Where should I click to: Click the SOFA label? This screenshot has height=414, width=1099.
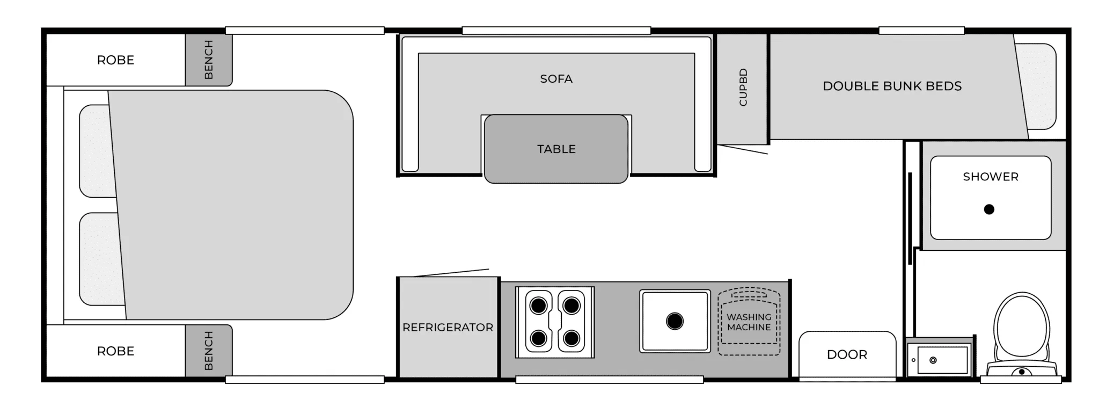[556, 79]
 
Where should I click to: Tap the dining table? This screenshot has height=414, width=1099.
[556, 149]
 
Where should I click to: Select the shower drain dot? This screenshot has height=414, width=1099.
[989, 209]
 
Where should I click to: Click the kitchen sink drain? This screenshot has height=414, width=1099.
[675, 321]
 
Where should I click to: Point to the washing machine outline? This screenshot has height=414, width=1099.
[749, 322]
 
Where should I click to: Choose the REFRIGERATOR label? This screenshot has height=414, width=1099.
[448, 327]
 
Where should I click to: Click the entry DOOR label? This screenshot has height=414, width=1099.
[847, 354]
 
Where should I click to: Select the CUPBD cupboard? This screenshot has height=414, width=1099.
[742, 89]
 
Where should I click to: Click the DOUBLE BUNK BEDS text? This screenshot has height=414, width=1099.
[892, 86]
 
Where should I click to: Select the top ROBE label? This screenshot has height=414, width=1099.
[115, 60]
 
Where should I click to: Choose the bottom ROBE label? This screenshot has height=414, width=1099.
[115, 351]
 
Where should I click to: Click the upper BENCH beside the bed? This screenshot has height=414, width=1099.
[209, 60]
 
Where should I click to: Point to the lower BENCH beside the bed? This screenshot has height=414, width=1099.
[209, 351]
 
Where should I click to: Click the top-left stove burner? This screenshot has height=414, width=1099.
[538, 306]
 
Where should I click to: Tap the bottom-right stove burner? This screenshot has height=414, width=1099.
[572, 338]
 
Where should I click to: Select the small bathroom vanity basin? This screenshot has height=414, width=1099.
[942, 360]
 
